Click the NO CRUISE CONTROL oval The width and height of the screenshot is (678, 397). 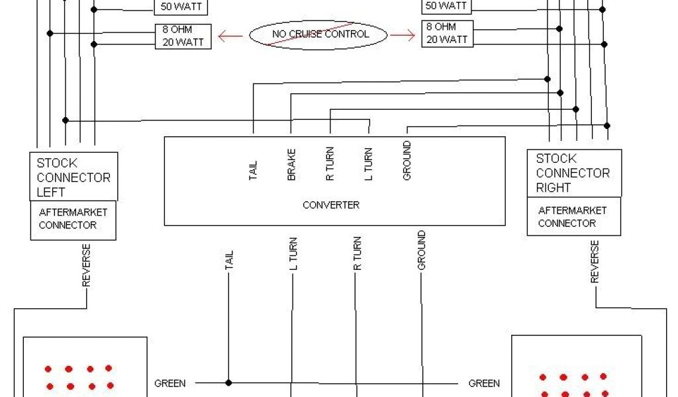(318, 34)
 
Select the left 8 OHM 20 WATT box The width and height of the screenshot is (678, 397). (183, 36)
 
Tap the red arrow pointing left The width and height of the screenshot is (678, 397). (230, 36)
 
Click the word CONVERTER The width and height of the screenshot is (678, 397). (331, 205)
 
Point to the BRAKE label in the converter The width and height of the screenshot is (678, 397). (291, 165)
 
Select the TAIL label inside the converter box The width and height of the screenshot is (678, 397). (253, 170)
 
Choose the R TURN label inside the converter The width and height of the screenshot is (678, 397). (330, 163)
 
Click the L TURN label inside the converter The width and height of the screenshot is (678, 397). (368, 163)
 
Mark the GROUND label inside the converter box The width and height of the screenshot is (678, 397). (407, 160)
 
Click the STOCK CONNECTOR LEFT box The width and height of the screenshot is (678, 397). (73, 177)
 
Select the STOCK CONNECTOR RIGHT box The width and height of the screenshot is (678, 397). (573, 173)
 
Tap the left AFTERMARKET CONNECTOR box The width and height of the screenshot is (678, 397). (73, 220)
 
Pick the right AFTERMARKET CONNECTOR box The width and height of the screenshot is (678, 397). (573, 217)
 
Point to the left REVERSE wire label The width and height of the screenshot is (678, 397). (86, 265)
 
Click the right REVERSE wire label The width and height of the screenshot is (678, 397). (595, 262)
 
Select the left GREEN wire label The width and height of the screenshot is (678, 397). (170, 383)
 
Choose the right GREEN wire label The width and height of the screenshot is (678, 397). (484, 383)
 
